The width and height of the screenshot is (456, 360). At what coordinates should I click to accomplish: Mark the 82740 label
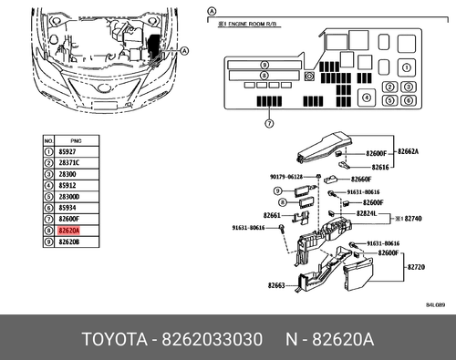pyautogui.click(x=416, y=220)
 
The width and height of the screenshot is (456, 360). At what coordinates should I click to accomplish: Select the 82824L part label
pyautogui.click(x=367, y=212)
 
